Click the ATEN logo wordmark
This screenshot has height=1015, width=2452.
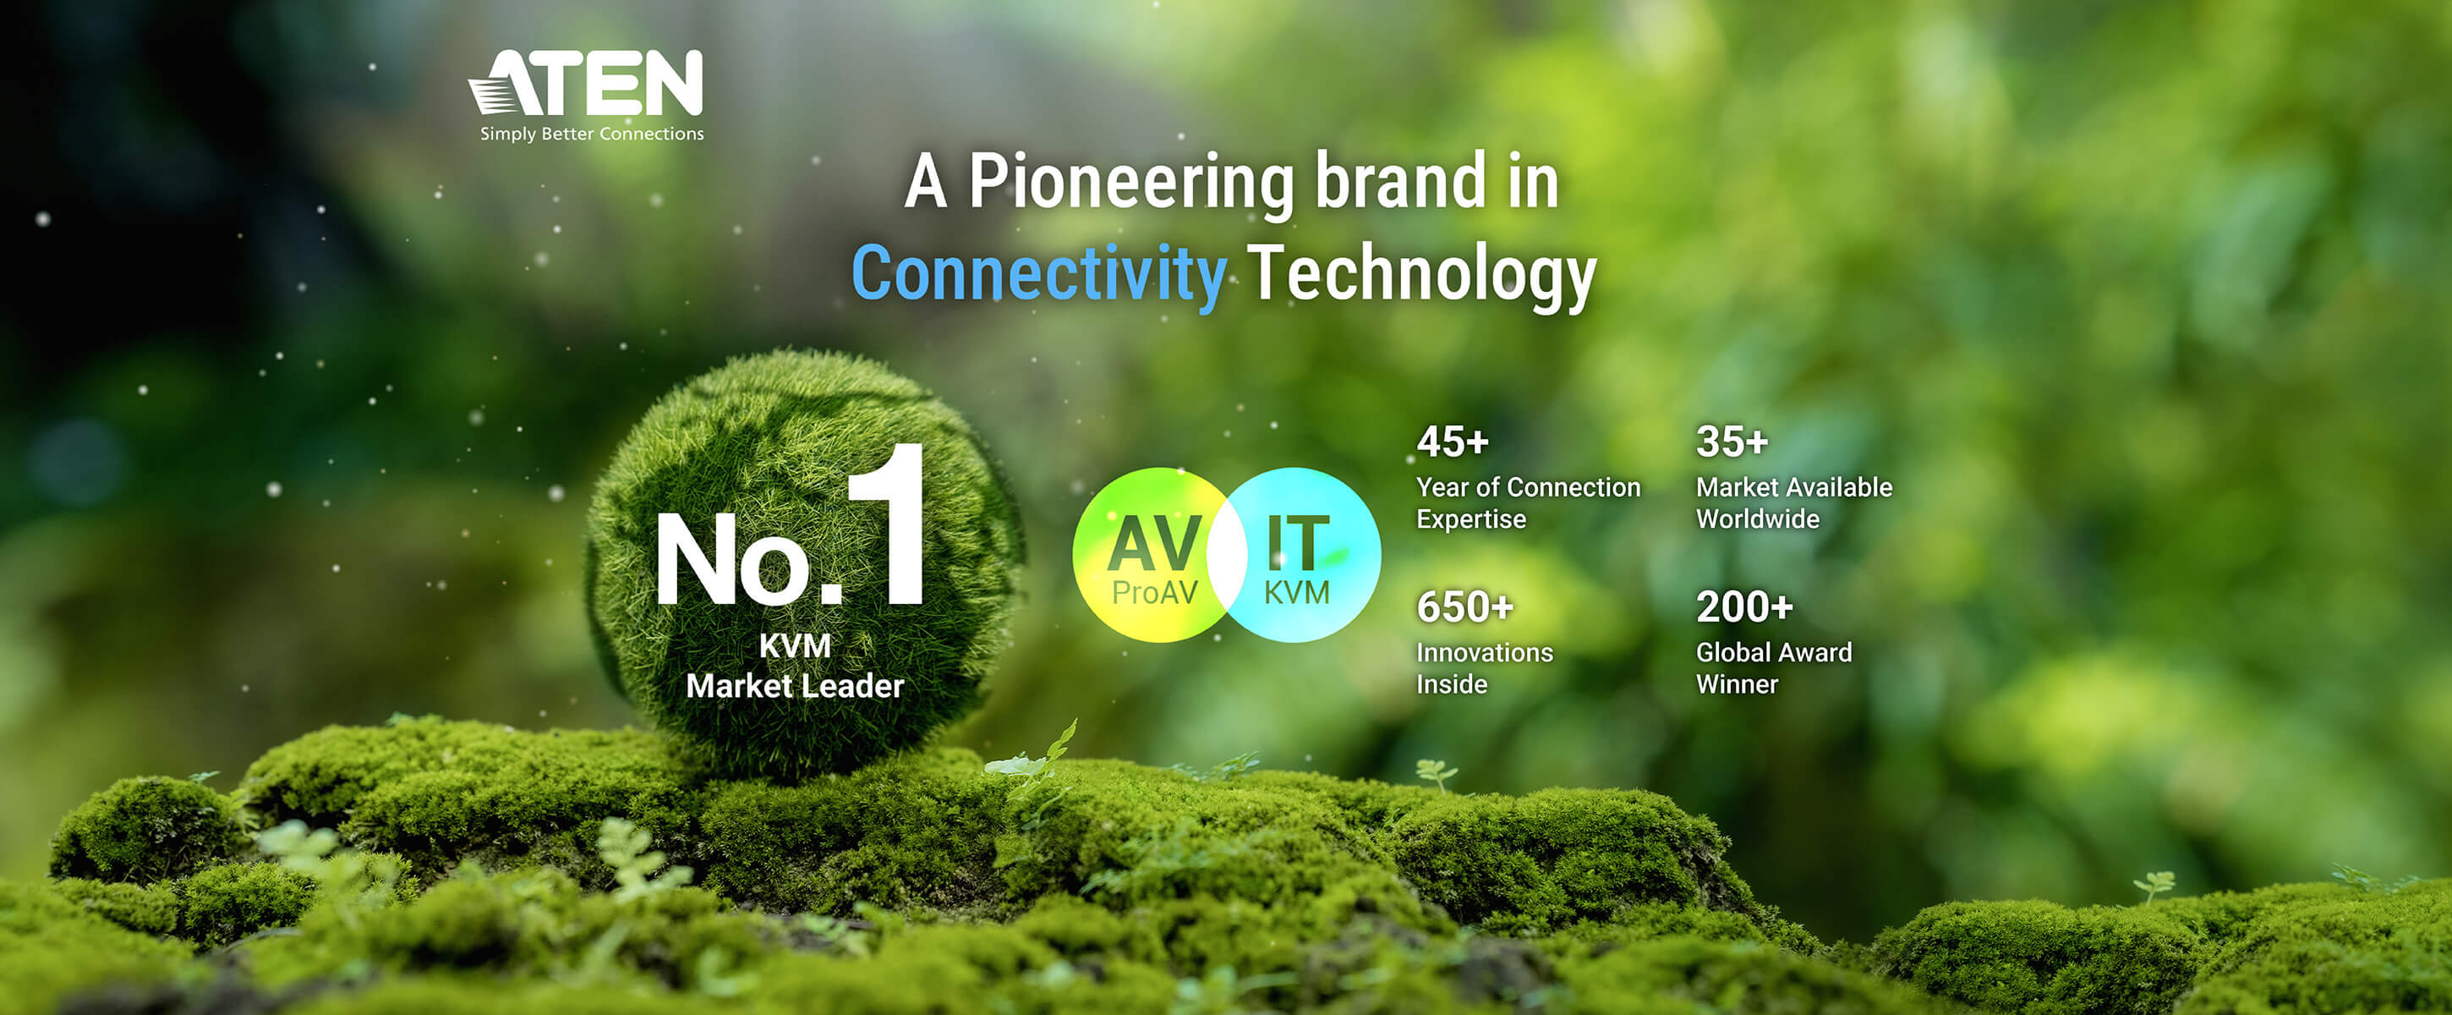tap(586, 83)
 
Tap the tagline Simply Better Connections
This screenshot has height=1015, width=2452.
tap(592, 134)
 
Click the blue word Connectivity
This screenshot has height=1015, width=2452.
tap(1038, 274)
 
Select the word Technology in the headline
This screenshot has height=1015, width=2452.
tap(1421, 274)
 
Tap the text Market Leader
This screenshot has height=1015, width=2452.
tap(795, 686)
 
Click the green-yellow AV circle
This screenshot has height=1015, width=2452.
tap(1151, 554)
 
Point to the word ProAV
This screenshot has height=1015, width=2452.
tap(1155, 592)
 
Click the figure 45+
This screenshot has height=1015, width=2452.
tap(1453, 442)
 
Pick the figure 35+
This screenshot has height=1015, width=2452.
tap(1732, 442)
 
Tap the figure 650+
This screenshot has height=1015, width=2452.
tap(1465, 606)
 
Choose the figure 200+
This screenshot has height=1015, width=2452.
tap(1745, 606)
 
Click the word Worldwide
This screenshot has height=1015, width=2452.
tap(1758, 519)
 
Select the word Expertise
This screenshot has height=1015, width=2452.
tap(1470, 520)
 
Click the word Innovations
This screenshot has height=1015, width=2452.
tap(1485, 652)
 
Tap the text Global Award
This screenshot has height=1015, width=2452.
tap(1774, 652)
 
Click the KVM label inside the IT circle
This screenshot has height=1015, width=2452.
tap(1296, 592)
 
